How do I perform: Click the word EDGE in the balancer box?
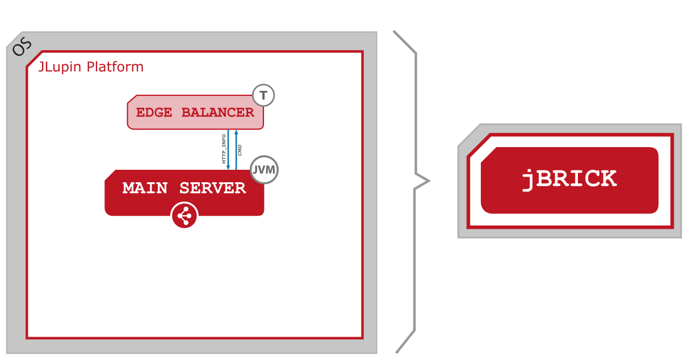(154, 112)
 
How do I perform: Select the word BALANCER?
(215, 112)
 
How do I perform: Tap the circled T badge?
(263, 95)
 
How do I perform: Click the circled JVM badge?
(265, 170)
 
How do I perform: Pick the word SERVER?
(213, 188)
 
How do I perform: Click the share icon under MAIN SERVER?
(184, 216)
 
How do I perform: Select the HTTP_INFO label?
(224, 149)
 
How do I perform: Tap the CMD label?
(240, 150)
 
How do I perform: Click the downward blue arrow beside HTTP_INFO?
(229, 149)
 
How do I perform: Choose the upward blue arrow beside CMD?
(236, 149)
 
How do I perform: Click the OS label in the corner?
(22, 48)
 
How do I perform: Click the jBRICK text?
(569, 179)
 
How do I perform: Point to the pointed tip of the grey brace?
(429, 182)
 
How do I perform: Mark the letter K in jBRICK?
(607, 179)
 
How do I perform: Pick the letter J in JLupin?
(41, 67)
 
